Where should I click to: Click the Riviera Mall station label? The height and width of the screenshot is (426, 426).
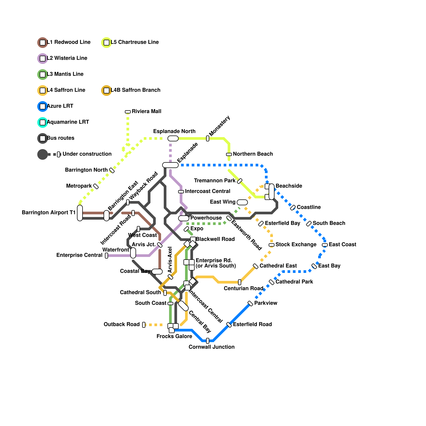click(x=146, y=111)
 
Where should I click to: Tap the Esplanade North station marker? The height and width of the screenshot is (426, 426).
click(x=173, y=138)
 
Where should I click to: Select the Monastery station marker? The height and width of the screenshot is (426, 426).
click(x=208, y=138)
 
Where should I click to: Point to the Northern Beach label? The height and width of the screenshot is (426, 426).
click(x=253, y=154)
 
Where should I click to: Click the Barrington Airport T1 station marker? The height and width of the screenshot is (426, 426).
click(x=80, y=213)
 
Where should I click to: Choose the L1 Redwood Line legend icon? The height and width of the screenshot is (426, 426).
click(x=43, y=43)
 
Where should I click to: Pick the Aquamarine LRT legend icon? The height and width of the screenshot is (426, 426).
click(x=43, y=122)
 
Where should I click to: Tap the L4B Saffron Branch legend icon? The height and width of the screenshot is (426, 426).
click(x=106, y=91)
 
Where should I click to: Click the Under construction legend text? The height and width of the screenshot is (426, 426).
click(x=87, y=154)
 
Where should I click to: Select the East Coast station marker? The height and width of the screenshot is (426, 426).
click(x=325, y=245)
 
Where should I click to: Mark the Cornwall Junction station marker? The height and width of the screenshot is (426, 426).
click(x=208, y=341)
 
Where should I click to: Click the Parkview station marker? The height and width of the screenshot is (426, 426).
click(x=250, y=304)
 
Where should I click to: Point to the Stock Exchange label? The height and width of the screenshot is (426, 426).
click(x=296, y=244)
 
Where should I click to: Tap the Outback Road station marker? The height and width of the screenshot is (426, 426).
click(x=144, y=325)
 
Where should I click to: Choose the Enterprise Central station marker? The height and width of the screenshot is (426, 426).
click(x=106, y=256)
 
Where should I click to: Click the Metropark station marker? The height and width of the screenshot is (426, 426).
click(x=96, y=186)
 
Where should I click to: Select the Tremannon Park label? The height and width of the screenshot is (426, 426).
click(x=215, y=181)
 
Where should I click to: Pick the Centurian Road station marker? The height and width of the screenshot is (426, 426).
click(x=240, y=282)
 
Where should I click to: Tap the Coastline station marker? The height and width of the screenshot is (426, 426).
click(x=293, y=208)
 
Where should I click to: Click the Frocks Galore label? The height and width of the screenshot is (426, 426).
click(x=174, y=336)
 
